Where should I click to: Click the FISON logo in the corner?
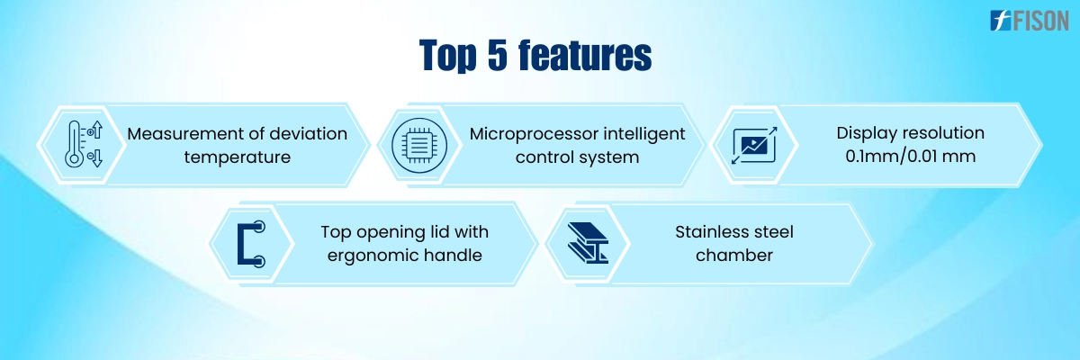(1030, 20)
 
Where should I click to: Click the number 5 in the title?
(498, 55)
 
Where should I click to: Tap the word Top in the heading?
(448, 56)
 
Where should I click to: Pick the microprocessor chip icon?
(419, 145)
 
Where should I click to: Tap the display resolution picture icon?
(754, 145)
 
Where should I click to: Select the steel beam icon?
(589, 242)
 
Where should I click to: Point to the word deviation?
(308, 133)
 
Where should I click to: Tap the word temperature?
(238, 157)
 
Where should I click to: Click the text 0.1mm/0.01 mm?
(910, 156)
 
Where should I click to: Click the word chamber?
(734, 255)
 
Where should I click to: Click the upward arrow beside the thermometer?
(97, 130)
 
